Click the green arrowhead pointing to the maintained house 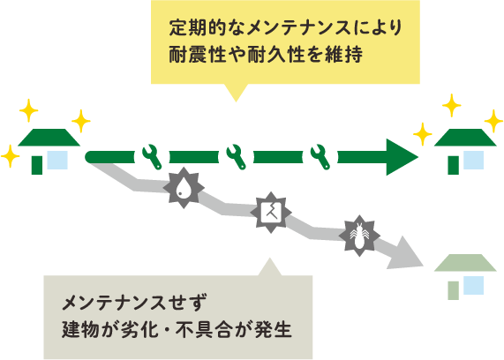point(400,157)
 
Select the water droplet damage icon point(184,188)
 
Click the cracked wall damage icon point(271,213)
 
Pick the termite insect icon point(359,236)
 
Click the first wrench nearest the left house point(152,156)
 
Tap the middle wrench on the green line point(236,156)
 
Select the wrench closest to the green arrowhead point(320,156)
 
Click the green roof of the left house point(49,138)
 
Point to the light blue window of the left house point(57,160)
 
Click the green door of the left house point(37,165)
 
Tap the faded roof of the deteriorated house point(465,263)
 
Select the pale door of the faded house point(454,290)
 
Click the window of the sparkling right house point(474,160)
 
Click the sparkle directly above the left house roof point(29,110)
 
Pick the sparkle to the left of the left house point(10,156)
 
